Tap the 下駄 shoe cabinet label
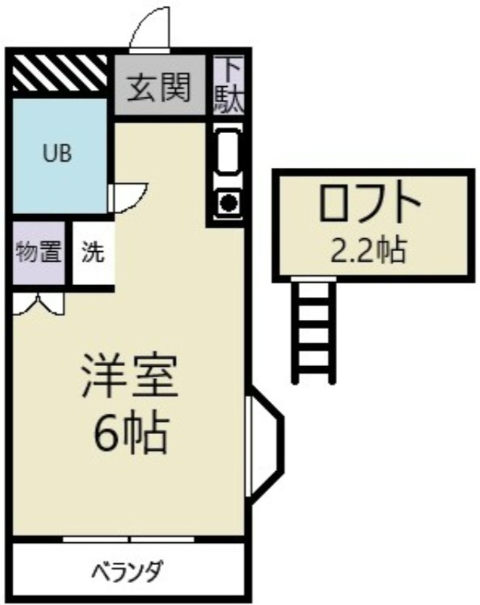point(230,85)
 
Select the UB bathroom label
point(57,154)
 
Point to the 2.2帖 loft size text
point(368,248)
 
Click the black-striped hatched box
point(58,72)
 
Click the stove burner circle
point(227,202)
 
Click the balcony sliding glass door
point(129,538)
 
